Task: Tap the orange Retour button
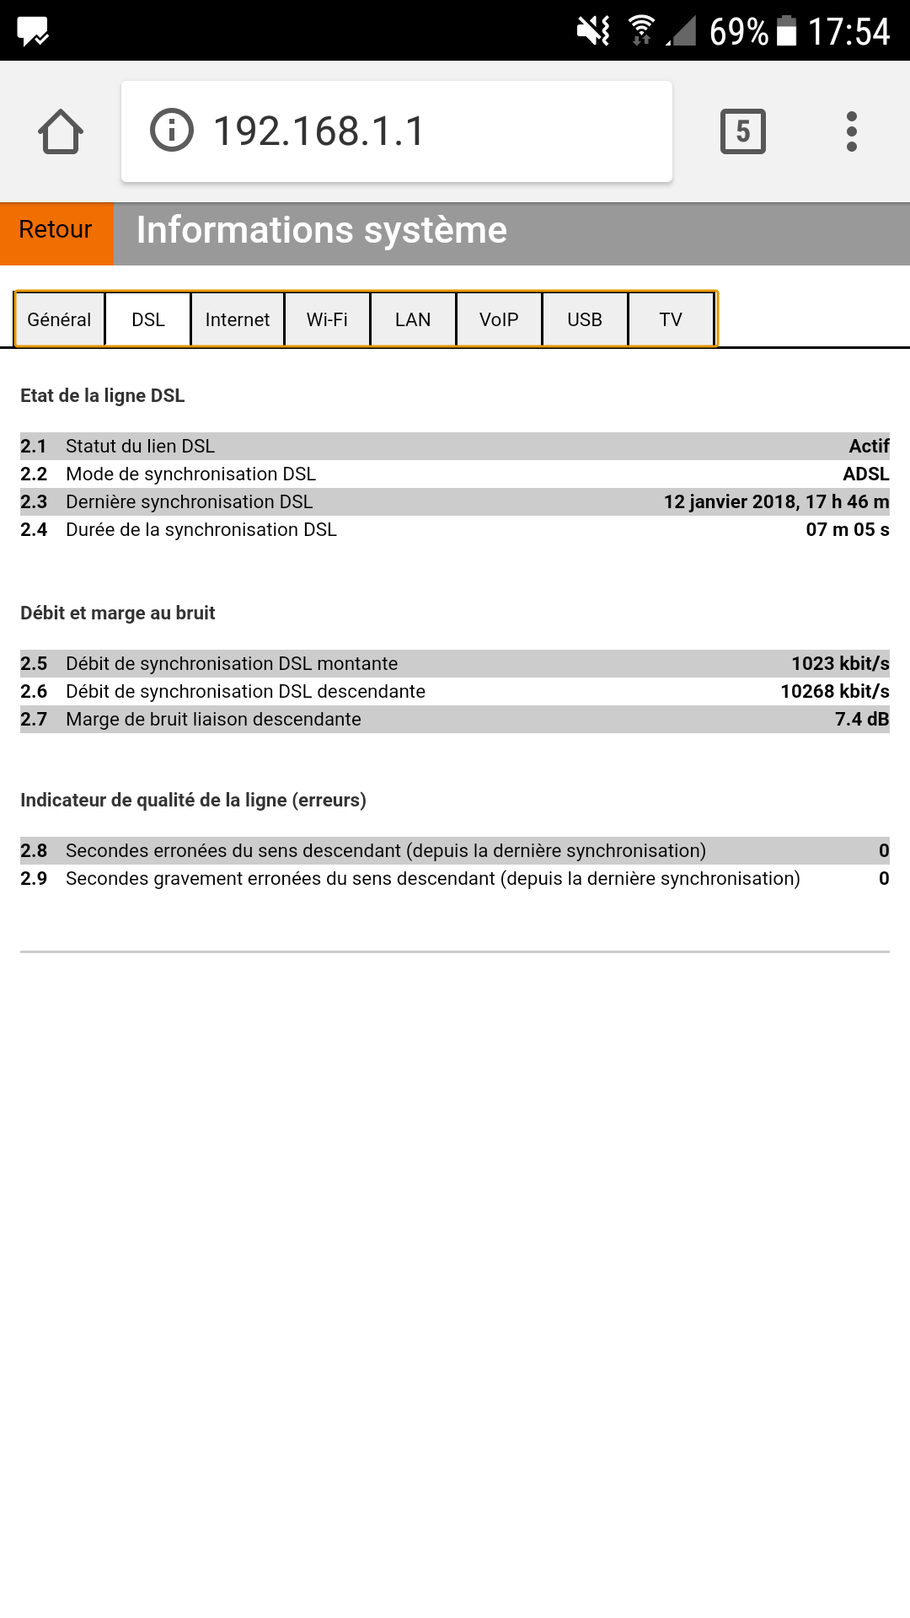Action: click(x=56, y=230)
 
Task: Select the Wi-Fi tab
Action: click(x=327, y=320)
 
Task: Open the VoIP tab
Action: click(x=499, y=320)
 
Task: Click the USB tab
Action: click(x=585, y=320)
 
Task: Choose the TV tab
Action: click(x=671, y=320)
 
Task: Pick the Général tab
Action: click(x=59, y=320)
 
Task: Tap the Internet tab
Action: click(x=238, y=320)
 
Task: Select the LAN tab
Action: click(x=413, y=320)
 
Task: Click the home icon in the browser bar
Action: click(x=61, y=131)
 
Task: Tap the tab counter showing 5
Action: click(x=742, y=131)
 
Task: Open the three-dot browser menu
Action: click(x=852, y=131)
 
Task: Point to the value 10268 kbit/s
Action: click(x=834, y=692)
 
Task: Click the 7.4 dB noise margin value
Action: click(x=861, y=720)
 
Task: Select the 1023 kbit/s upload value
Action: click(x=839, y=664)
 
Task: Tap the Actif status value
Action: click(x=868, y=447)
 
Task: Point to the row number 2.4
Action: click(x=34, y=530)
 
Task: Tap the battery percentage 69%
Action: click(x=738, y=32)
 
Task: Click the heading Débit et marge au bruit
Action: click(x=118, y=613)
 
